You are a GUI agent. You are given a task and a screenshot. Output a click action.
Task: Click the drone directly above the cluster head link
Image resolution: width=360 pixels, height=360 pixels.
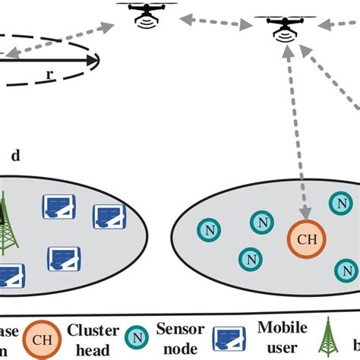(285, 24)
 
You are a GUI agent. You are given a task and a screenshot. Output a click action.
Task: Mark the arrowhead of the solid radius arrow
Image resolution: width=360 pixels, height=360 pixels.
(91, 60)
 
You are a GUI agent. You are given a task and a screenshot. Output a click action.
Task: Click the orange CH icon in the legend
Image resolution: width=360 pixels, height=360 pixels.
(43, 339)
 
